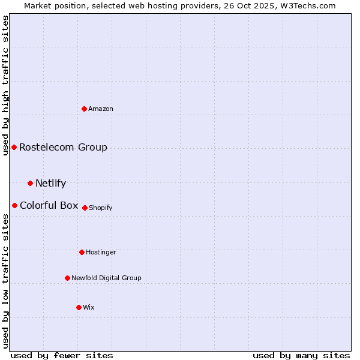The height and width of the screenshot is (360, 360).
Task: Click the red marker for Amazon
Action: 85,109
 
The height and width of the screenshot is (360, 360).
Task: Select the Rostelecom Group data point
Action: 14,147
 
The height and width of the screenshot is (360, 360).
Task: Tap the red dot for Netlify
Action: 30,183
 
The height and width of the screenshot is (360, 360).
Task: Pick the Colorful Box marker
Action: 14,205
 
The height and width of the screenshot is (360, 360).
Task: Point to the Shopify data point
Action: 85,208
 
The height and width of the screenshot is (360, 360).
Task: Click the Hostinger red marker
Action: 82,252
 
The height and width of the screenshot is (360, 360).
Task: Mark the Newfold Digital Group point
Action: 67,278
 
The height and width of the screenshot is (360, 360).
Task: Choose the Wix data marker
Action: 79,307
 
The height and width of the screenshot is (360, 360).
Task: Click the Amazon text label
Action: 101,109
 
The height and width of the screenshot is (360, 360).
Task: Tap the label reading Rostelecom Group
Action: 63,147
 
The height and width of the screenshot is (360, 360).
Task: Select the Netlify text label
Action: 50,183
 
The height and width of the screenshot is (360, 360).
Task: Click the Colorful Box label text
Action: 49,205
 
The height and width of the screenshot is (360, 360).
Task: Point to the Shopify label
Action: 100,208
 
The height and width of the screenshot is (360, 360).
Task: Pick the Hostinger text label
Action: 101,252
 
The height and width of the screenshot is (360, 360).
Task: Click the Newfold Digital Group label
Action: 106,278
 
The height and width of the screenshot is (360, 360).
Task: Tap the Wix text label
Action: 89,307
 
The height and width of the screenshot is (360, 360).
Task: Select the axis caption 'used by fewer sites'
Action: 62,355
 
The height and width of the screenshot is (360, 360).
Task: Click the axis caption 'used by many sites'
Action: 301,355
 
